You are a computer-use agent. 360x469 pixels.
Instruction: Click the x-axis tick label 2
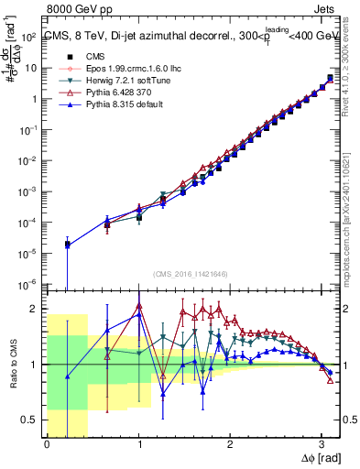click(229, 445)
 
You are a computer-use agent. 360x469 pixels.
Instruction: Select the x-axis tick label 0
click(47, 445)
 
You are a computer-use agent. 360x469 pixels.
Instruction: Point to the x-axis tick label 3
click(321, 445)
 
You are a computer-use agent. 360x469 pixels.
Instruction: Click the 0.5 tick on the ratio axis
click(32, 420)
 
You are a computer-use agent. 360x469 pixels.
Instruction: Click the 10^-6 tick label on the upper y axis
click(30, 283)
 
